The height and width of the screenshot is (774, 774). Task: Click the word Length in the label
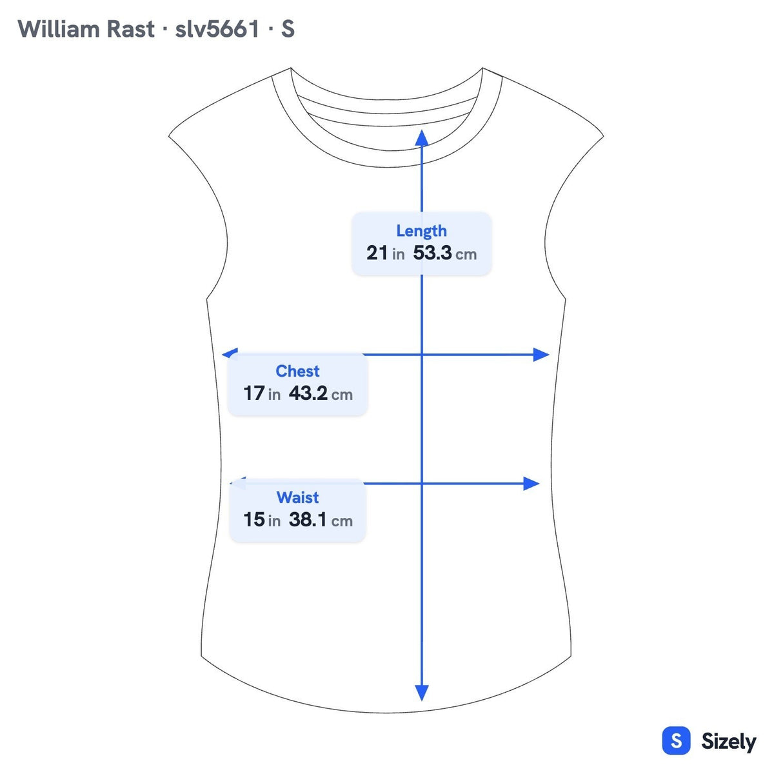tap(421, 232)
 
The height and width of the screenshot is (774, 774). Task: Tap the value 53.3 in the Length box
tap(432, 253)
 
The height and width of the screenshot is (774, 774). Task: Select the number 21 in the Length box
tap(377, 253)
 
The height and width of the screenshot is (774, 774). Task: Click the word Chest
tap(297, 371)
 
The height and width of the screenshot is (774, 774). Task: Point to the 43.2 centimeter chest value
tap(308, 393)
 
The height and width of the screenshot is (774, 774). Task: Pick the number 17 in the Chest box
tap(254, 393)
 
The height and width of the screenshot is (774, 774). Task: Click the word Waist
tap(297, 497)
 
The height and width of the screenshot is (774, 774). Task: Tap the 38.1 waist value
tap(308, 519)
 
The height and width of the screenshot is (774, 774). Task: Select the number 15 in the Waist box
tap(254, 519)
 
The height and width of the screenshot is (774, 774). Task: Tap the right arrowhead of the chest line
tap(541, 355)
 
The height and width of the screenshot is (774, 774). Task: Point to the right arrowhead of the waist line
tap(531, 484)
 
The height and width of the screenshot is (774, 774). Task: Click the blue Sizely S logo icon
tap(677, 740)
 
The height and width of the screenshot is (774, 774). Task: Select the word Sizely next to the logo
tap(729, 742)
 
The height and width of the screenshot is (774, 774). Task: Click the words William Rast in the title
tap(86, 29)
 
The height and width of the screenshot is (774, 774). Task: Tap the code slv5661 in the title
tap(217, 29)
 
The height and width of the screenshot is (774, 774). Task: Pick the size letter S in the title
tap(288, 29)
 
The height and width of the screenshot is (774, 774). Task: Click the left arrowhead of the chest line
tap(230, 353)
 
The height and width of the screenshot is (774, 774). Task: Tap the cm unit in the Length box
tap(466, 255)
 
